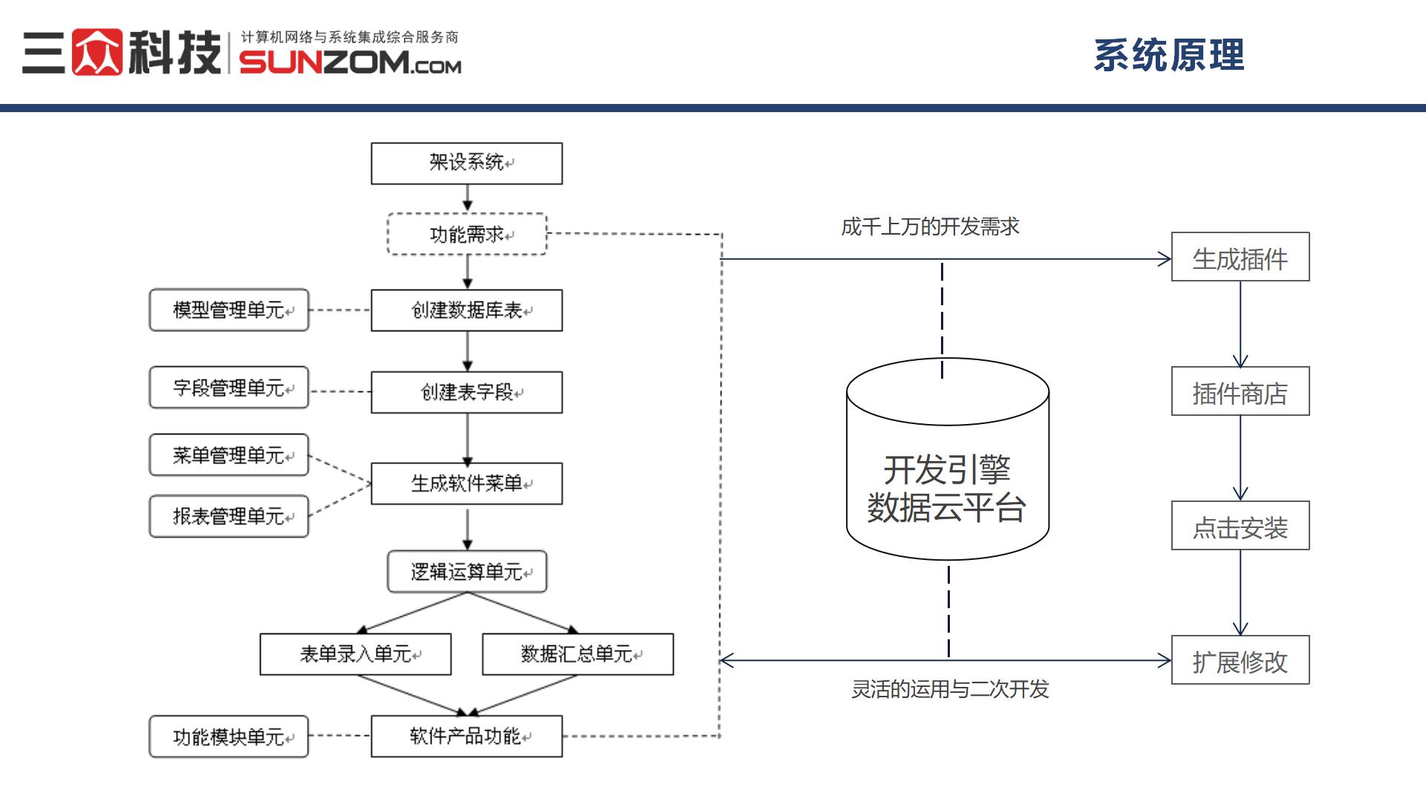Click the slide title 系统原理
1168,56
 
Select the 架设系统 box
466,163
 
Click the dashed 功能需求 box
466,235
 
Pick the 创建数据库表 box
466,310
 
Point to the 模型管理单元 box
229,310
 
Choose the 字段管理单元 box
229,388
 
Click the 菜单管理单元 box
229,455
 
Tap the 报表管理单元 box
229,516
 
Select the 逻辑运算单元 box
466,572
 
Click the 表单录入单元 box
355,654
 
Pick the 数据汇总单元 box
578,654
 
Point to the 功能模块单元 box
229,737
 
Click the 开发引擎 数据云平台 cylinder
947,475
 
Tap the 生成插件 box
1240,258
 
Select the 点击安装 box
1240,526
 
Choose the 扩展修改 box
1240,660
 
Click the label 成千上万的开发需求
930,226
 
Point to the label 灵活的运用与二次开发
950,689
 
